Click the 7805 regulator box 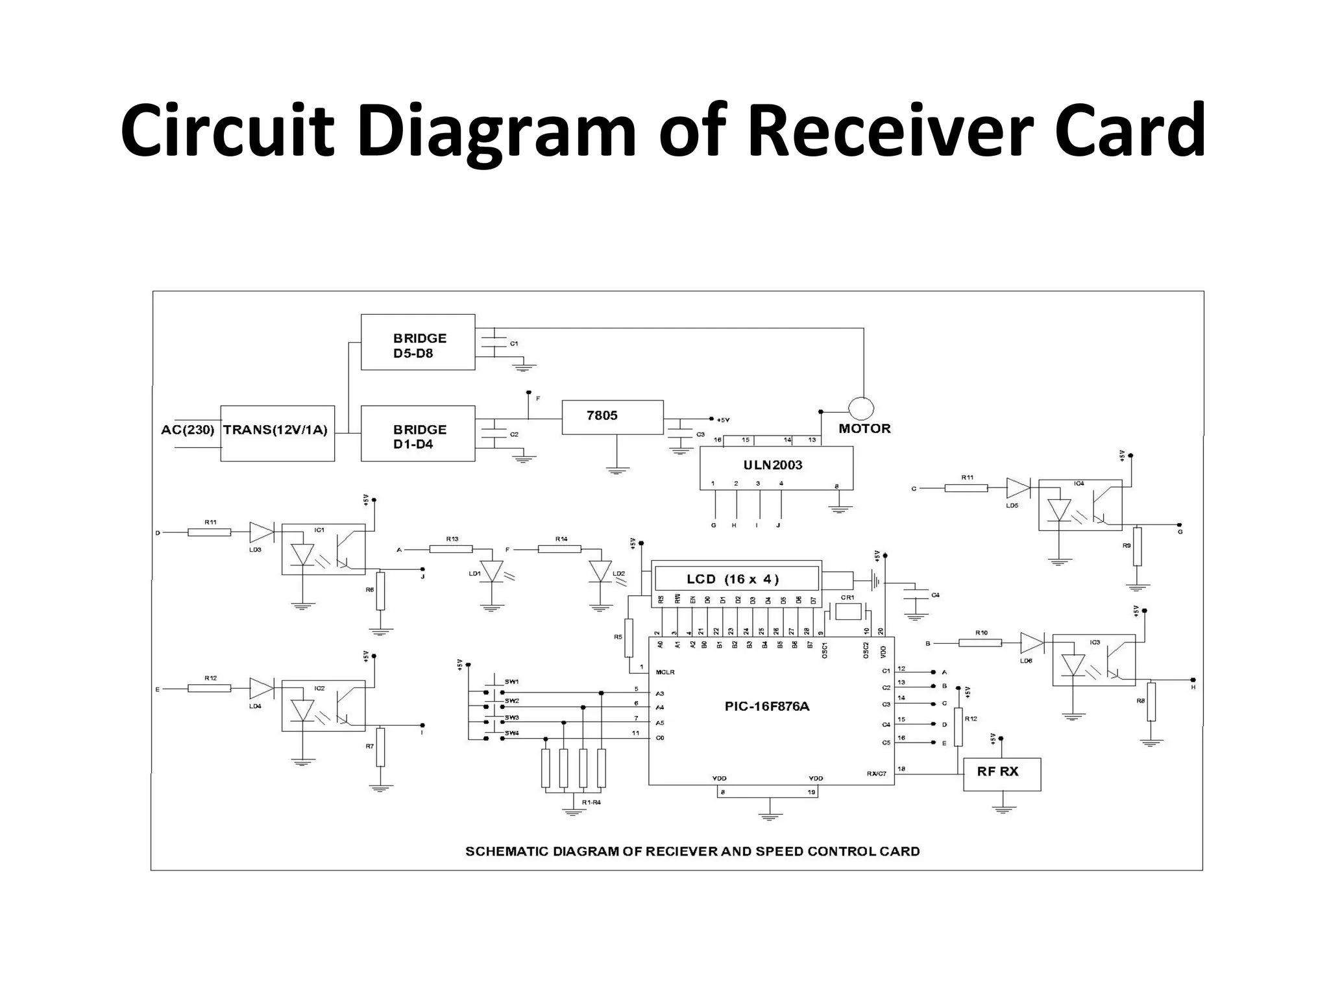(612, 417)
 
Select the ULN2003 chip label (772, 465)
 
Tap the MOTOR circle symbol (861, 408)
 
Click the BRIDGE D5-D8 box (417, 343)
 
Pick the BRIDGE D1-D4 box (417, 434)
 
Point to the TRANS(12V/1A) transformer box (277, 434)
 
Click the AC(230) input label (188, 430)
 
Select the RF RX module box (1001, 774)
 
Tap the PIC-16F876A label (766, 707)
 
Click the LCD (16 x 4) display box (736, 578)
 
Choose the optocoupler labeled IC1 (323, 549)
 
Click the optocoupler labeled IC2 (323, 707)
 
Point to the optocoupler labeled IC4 (1080, 505)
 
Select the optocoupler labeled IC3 (1093, 660)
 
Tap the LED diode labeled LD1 (493, 572)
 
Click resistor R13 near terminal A (451, 549)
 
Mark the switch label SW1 (511, 682)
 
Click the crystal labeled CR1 (847, 611)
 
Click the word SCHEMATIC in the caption (507, 851)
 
